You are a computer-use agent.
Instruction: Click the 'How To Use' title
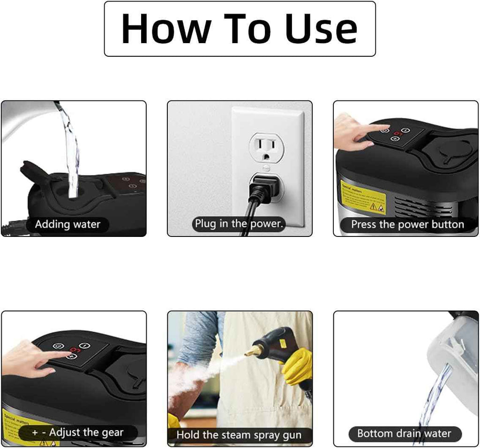pos(240,29)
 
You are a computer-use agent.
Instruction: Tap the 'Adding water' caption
pos(67,224)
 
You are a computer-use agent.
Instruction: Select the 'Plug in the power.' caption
pos(240,224)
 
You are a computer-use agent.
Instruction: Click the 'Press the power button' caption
pos(407,224)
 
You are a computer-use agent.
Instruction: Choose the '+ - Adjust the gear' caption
pos(78,432)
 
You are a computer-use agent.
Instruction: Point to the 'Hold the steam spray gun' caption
pos(239,435)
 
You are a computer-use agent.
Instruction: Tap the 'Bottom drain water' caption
pos(404,433)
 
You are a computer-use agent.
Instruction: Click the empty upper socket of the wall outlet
pos(266,148)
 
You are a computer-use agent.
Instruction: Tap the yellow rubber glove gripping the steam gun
pos(296,366)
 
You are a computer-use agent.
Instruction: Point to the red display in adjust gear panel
pos(74,350)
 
